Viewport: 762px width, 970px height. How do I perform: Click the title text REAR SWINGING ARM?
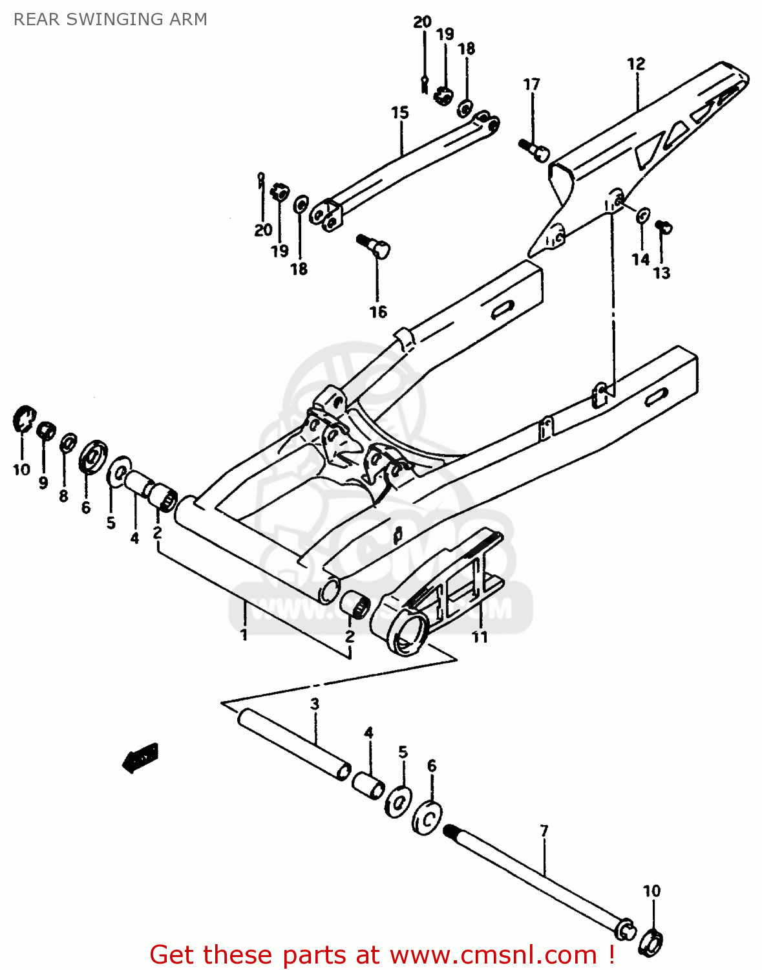[x=111, y=19]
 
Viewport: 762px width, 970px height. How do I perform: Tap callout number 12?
[x=636, y=64]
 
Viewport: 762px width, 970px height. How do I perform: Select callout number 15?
[x=400, y=113]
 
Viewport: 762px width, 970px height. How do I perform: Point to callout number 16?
[x=378, y=312]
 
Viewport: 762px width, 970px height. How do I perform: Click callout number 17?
[x=531, y=85]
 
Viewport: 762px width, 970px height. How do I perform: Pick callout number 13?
[x=662, y=273]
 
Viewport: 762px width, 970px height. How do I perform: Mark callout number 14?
[x=640, y=259]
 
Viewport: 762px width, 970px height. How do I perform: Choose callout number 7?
[x=544, y=830]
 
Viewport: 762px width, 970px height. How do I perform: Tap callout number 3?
[x=315, y=704]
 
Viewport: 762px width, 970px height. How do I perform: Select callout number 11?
[x=479, y=637]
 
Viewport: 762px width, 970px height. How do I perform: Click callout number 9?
[x=43, y=482]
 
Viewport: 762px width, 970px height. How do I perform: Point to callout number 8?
[x=63, y=496]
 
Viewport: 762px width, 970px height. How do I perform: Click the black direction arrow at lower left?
[x=141, y=757]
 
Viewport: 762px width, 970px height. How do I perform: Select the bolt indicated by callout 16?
[x=374, y=245]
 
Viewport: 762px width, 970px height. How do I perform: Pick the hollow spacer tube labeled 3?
[x=294, y=744]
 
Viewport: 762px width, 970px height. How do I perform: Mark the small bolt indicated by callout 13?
[x=664, y=226]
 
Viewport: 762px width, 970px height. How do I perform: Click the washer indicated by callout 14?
[x=643, y=215]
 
